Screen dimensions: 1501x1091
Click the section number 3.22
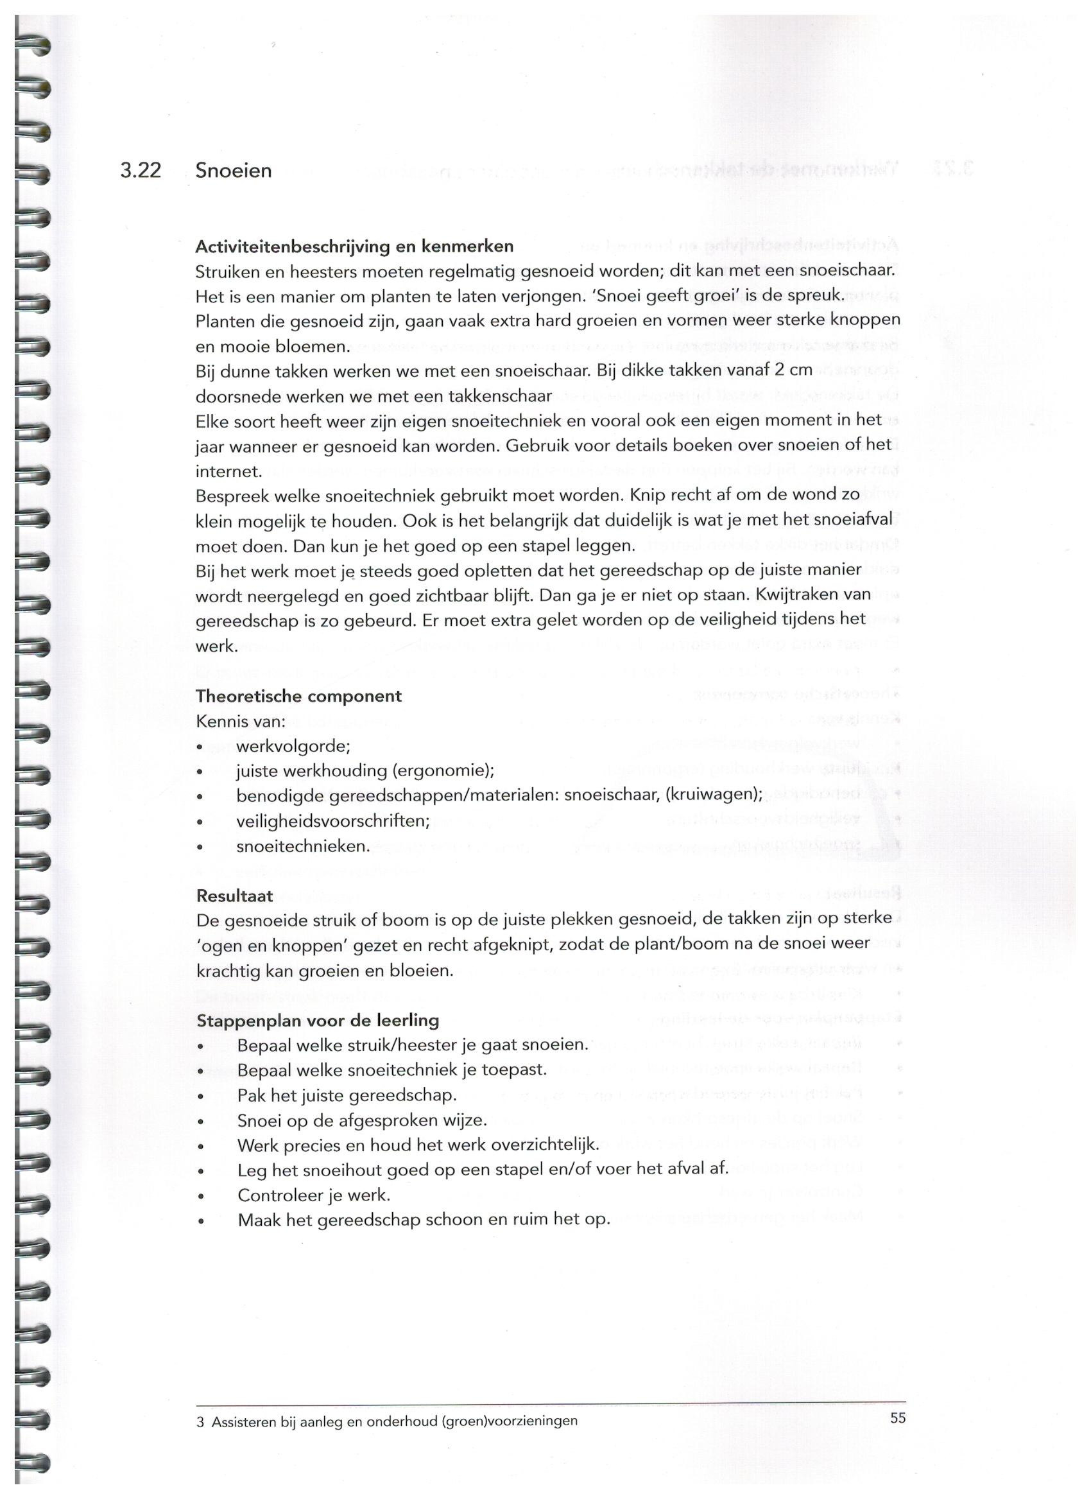[x=141, y=171]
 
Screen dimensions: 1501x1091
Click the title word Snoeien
[x=234, y=171]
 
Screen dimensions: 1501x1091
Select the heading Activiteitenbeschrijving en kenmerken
[x=354, y=247]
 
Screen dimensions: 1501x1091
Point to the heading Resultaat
[x=234, y=896]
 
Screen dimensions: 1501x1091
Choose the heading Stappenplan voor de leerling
[x=318, y=1021]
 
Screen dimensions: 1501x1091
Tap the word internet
[x=228, y=471]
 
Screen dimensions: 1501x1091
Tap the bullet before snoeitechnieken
[x=199, y=847]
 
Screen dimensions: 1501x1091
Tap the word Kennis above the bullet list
[x=221, y=722]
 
